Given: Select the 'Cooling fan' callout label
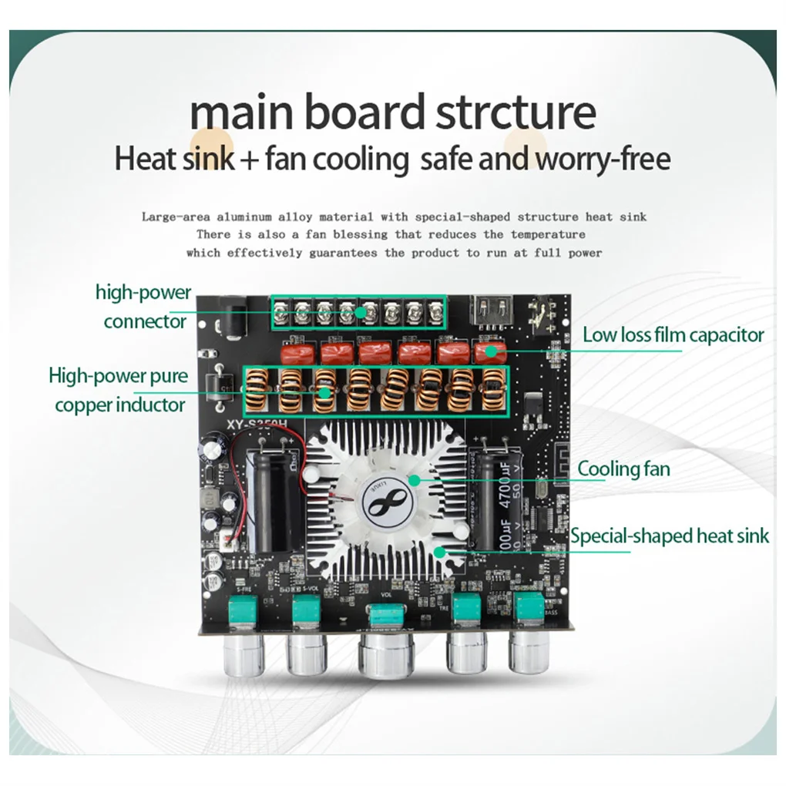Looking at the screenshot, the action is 623,469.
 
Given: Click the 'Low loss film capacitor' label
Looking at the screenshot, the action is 673,334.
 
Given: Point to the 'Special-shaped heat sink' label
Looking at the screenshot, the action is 670,536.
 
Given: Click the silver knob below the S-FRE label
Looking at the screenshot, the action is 244,653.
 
